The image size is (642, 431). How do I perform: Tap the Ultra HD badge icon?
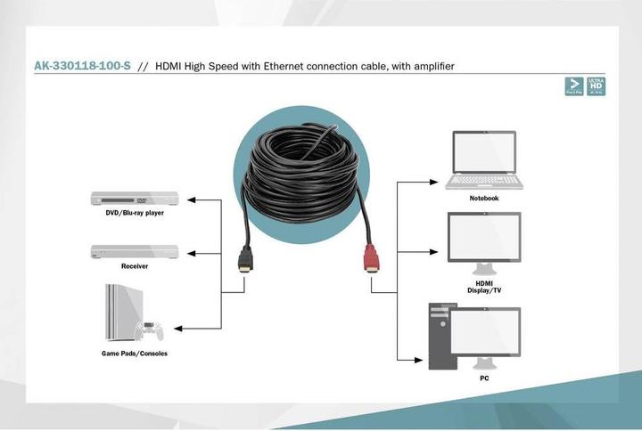(x=597, y=85)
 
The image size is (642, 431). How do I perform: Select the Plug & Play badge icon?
(x=574, y=85)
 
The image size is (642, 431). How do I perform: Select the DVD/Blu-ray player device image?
(x=135, y=199)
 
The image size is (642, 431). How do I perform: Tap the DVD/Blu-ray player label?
(x=135, y=214)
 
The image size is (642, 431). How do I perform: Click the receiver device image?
(x=135, y=251)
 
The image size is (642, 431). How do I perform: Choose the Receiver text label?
(x=135, y=266)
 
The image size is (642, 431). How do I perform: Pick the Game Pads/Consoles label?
(x=135, y=354)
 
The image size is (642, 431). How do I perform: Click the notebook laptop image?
(x=484, y=160)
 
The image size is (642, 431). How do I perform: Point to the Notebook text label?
(x=484, y=199)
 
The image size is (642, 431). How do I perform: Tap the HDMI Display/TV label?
(x=484, y=287)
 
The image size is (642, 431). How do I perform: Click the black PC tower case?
(x=441, y=337)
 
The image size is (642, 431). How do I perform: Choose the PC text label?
(x=484, y=378)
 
